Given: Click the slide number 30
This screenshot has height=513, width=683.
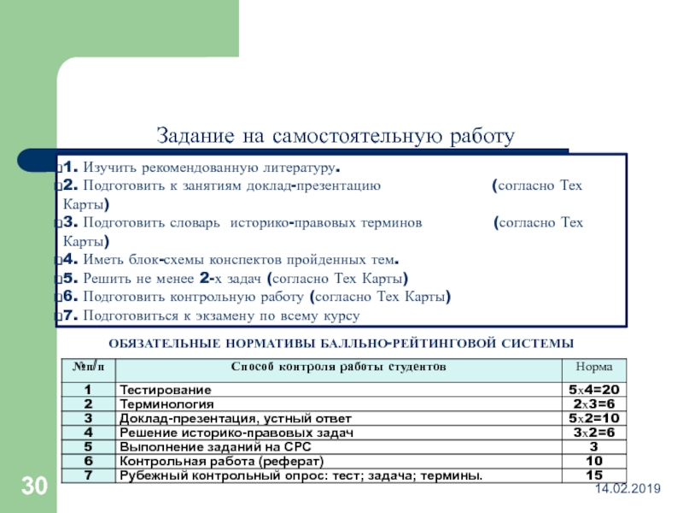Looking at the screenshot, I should tap(34, 487).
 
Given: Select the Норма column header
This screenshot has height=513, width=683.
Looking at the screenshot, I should tap(593, 367).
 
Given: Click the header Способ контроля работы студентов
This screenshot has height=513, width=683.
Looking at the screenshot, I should tap(340, 367).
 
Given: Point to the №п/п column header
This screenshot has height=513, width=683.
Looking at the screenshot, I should tap(88, 367).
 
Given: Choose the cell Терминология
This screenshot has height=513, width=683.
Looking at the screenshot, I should tap(166, 404).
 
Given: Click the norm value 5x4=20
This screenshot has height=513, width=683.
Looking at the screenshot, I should tap(593, 390).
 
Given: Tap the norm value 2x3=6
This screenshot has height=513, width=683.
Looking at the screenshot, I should tap(593, 404).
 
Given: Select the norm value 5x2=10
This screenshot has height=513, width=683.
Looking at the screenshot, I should tap(593, 418).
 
